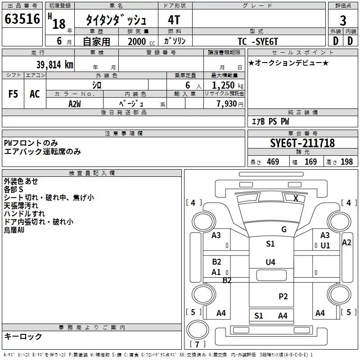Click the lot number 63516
tap(22, 18)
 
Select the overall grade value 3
tap(343, 20)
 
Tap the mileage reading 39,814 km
tap(54, 65)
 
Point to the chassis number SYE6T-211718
tap(302, 143)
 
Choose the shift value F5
tap(13, 94)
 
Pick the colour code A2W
tap(75, 104)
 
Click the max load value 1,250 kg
tap(228, 85)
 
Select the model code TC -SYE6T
tap(258, 41)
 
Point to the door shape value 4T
tap(174, 20)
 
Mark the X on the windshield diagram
tap(296, 198)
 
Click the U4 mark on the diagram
tap(270, 262)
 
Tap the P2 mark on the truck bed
tap(283, 297)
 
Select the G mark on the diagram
tap(284, 229)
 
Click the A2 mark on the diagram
tap(346, 243)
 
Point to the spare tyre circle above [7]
tap(198, 329)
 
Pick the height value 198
tap(346, 162)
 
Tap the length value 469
tap(273, 162)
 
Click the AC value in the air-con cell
tap(35, 94)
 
